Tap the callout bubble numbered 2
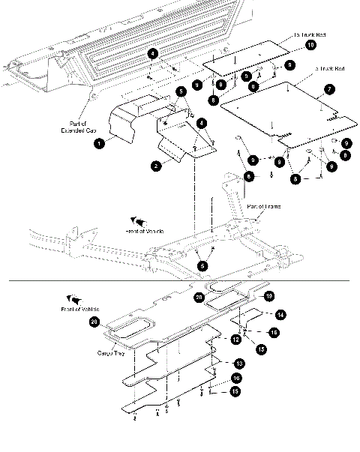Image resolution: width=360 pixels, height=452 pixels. pos(156,166)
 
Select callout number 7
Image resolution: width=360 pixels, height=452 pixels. pos(328,88)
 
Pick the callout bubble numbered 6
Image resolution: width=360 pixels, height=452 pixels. pos(248,176)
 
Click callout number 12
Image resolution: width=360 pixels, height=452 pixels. pos(235,340)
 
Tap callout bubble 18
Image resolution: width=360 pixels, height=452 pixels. pos(269,295)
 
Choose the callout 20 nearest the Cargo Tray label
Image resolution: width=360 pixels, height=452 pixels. pos(94,322)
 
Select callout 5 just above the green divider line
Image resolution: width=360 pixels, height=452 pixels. pos(202,265)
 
